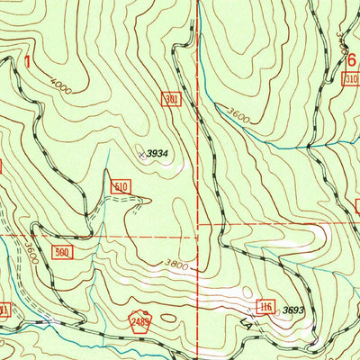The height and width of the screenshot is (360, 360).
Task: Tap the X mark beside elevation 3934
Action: coord(140,154)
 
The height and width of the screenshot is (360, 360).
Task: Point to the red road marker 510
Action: coord(122,186)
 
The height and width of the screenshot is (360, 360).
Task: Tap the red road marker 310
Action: coord(351,81)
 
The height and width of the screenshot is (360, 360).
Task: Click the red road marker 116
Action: coord(265,307)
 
